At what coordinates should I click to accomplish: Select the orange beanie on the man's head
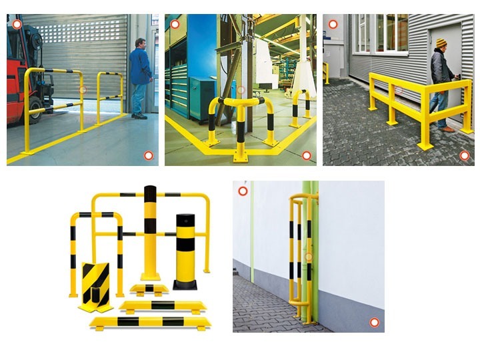pyautogui.click(x=441, y=43)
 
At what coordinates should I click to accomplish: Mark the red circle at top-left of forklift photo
pyautogui.click(x=17, y=24)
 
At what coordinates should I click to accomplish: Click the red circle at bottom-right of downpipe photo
pyautogui.click(x=375, y=323)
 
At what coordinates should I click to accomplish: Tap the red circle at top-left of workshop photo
pyautogui.click(x=175, y=24)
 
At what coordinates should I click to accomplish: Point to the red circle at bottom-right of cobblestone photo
pyautogui.click(x=465, y=155)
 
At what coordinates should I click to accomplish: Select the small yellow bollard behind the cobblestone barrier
pyautogui.click(x=327, y=73)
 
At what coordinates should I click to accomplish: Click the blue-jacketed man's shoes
pyautogui.click(x=139, y=116)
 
